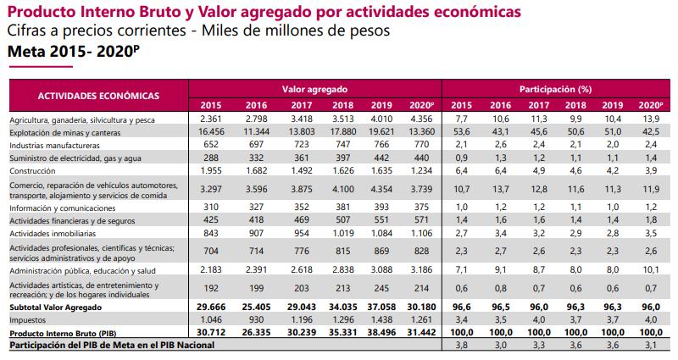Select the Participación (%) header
554,88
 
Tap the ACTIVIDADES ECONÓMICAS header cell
98,96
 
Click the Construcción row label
33,170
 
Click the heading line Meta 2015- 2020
70,52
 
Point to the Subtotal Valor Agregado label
57,307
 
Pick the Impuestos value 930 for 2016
255,320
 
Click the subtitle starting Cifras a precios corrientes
198,30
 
